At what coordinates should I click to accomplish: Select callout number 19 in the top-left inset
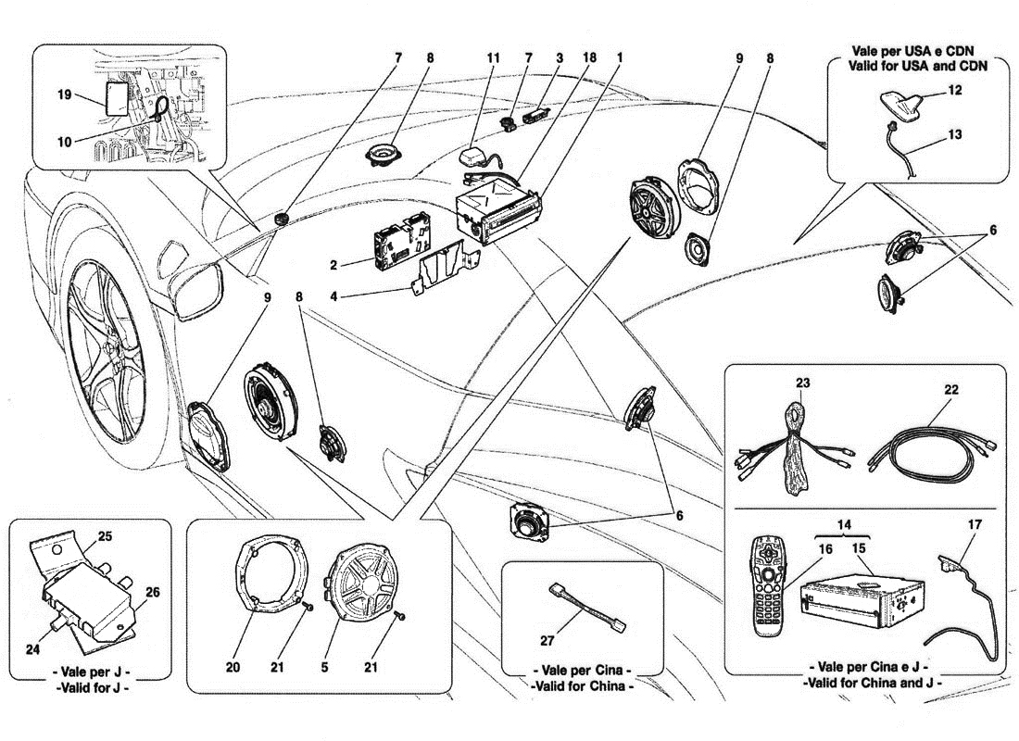click(x=63, y=94)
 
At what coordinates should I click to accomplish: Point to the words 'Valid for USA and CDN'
click(x=916, y=66)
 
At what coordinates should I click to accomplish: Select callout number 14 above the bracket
click(x=841, y=524)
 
